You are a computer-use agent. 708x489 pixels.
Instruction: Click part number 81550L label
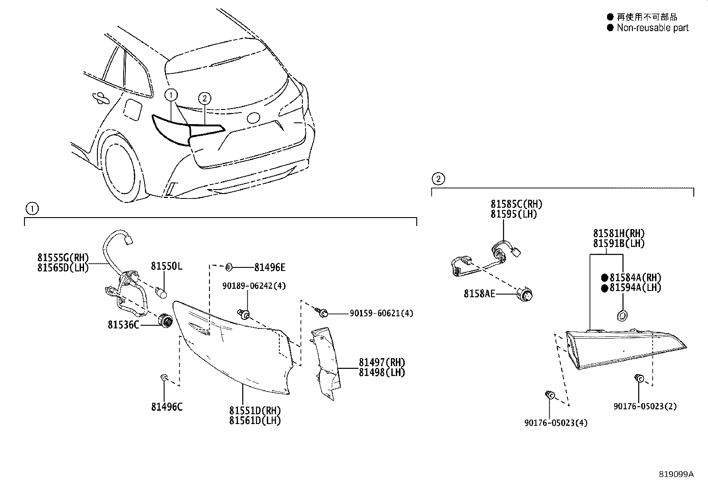click(166, 266)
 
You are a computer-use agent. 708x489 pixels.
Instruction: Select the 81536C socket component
click(166, 321)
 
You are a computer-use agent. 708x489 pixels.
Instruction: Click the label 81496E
click(270, 267)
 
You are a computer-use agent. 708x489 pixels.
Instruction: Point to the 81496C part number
click(166, 407)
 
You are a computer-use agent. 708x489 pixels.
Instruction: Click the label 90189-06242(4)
click(254, 286)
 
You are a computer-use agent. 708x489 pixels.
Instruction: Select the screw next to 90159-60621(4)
click(323, 313)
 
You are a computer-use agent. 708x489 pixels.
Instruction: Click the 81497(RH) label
click(382, 363)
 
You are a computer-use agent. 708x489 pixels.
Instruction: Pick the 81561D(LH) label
click(255, 420)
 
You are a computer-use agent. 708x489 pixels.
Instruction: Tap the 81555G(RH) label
click(63, 258)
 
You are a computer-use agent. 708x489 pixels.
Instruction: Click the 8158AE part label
click(479, 294)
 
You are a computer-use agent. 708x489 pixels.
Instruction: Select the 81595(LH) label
click(514, 214)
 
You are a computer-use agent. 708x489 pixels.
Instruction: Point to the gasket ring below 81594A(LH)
click(621, 315)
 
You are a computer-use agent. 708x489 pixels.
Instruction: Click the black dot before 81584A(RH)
click(604, 278)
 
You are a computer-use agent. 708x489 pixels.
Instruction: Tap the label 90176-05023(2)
click(645, 406)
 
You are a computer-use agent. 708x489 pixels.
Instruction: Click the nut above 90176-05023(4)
click(550, 395)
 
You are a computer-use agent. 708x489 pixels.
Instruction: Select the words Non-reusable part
click(652, 28)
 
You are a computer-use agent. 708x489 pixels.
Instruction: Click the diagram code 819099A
click(676, 474)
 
